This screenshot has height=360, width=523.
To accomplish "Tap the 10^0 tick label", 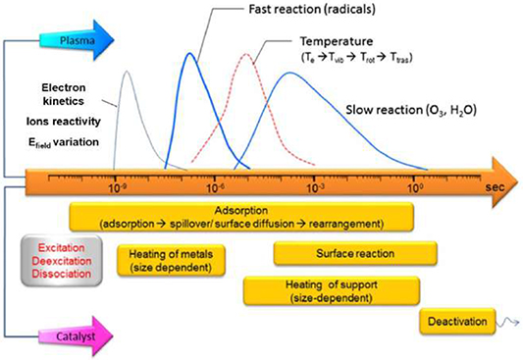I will click(416, 185).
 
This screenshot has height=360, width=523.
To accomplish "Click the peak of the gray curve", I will click(125, 73).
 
